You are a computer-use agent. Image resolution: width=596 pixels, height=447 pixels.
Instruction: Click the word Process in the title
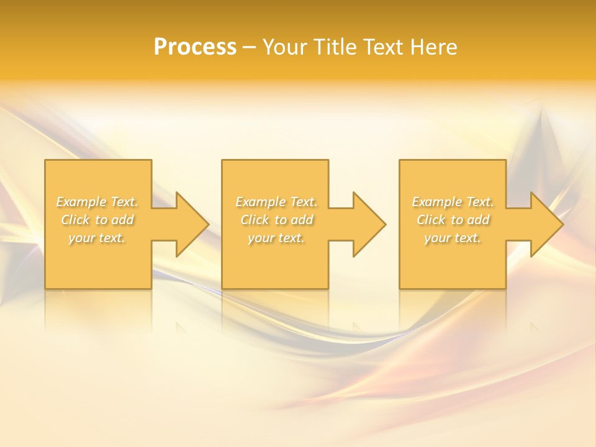[x=195, y=47]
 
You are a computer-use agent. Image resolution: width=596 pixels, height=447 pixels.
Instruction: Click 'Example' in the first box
[x=81, y=202]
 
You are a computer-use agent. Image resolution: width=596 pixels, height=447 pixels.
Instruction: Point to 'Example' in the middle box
[x=260, y=202]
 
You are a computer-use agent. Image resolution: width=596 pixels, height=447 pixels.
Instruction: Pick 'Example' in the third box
[x=437, y=202]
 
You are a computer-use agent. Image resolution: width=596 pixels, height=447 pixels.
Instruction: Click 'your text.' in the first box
[x=97, y=238]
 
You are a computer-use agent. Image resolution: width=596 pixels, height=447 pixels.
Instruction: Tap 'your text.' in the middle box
[x=276, y=238]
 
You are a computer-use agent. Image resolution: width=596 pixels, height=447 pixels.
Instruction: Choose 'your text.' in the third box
[x=453, y=238]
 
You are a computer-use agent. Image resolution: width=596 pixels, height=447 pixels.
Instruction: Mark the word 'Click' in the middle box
[x=255, y=220]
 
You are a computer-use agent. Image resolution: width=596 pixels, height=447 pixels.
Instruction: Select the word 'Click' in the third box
[x=431, y=220]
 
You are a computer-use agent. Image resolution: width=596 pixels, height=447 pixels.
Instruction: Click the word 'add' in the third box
[x=479, y=220]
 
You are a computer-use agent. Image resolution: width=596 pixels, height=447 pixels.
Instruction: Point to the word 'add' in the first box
[x=123, y=220]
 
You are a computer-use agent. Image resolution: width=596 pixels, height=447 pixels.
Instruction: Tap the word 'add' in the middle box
[x=302, y=220]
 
